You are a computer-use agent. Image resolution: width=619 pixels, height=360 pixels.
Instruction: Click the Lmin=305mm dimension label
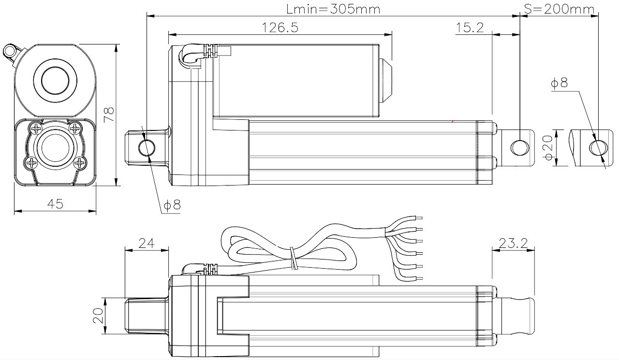(x=333, y=9)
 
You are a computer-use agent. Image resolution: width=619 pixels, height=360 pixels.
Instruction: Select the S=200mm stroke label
(x=559, y=9)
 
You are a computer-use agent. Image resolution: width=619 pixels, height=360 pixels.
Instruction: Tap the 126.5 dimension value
(x=280, y=28)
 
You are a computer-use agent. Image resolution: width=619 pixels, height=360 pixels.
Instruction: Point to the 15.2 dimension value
(x=470, y=28)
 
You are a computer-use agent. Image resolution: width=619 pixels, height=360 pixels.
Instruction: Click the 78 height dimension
(x=109, y=115)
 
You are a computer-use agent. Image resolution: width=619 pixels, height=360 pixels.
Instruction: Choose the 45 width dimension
(x=55, y=204)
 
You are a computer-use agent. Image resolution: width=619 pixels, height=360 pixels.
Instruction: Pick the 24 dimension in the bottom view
(x=147, y=243)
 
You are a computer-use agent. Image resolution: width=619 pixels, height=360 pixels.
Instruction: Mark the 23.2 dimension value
(x=513, y=243)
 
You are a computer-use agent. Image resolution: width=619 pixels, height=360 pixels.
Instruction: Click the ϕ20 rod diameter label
(x=548, y=148)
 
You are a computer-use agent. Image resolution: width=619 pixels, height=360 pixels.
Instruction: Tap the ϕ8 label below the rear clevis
(x=172, y=205)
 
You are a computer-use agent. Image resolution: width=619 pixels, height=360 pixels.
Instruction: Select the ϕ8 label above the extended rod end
(x=560, y=83)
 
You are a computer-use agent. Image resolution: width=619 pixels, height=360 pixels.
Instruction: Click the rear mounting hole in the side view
(x=147, y=148)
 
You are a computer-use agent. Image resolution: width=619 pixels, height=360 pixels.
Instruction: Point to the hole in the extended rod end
(x=598, y=148)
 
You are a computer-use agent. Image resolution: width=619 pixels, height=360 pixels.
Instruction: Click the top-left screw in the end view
(x=36, y=128)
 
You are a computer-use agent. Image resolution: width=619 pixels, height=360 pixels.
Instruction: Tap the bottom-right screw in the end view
(x=80, y=163)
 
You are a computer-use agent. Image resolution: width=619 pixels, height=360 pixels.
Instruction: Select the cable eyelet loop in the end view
(x=10, y=51)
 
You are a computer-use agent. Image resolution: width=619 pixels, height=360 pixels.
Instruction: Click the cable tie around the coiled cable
(x=294, y=259)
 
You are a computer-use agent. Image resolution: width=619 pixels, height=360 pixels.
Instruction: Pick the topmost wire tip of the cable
(x=419, y=218)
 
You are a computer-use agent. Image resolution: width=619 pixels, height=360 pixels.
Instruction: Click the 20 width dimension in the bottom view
(x=98, y=316)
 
